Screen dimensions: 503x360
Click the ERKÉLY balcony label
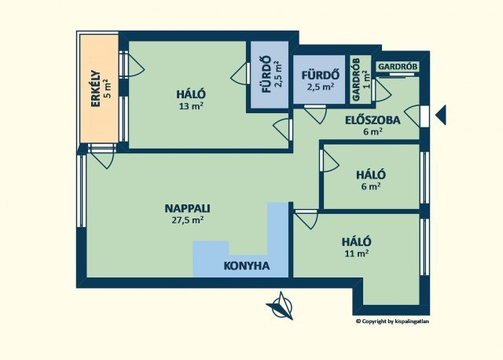tap(96, 89)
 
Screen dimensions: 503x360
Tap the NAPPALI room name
tap(187, 208)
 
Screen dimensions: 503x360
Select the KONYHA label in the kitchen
tap(246, 266)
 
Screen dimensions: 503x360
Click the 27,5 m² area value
tap(187, 220)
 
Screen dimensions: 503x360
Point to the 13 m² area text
tap(191, 106)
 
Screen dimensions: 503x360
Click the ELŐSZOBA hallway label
tap(373, 120)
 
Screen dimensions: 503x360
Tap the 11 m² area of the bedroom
tap(357, 253)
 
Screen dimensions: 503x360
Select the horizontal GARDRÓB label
tap(398, 67)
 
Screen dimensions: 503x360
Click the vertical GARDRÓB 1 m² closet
tap(361, 79)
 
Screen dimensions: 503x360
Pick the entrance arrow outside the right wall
tap(441, 115)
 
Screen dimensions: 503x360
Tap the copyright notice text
tap(392, 321)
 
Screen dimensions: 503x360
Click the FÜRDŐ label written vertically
tap(266, 75)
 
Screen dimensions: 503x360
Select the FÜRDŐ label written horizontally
tap(321, 75)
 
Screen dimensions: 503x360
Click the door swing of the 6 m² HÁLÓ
tap(329, 161)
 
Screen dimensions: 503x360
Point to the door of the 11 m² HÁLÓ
tap(307, 219)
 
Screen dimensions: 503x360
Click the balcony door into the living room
tap(101, 156)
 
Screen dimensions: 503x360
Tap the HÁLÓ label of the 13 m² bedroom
tap(191, 94)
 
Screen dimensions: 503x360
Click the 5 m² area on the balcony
tap(108, 89)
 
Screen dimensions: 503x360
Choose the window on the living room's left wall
tap(82, 191)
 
